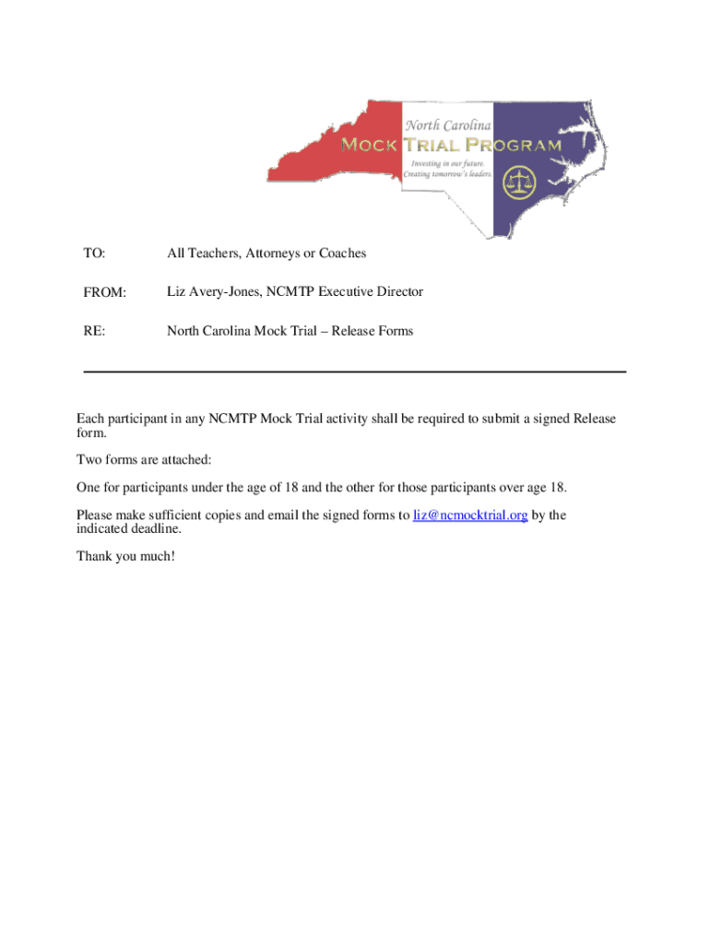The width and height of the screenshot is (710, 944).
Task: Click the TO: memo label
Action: pos(94,253)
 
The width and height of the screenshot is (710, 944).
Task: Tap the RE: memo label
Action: pos(93,331)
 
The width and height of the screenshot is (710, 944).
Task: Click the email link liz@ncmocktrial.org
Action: pos(470,515)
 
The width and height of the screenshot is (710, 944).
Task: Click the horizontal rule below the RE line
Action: pos(355,372)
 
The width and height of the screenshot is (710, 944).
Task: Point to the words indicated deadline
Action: pos(129,529)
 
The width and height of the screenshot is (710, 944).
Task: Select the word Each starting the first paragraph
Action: pos(90,419)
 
